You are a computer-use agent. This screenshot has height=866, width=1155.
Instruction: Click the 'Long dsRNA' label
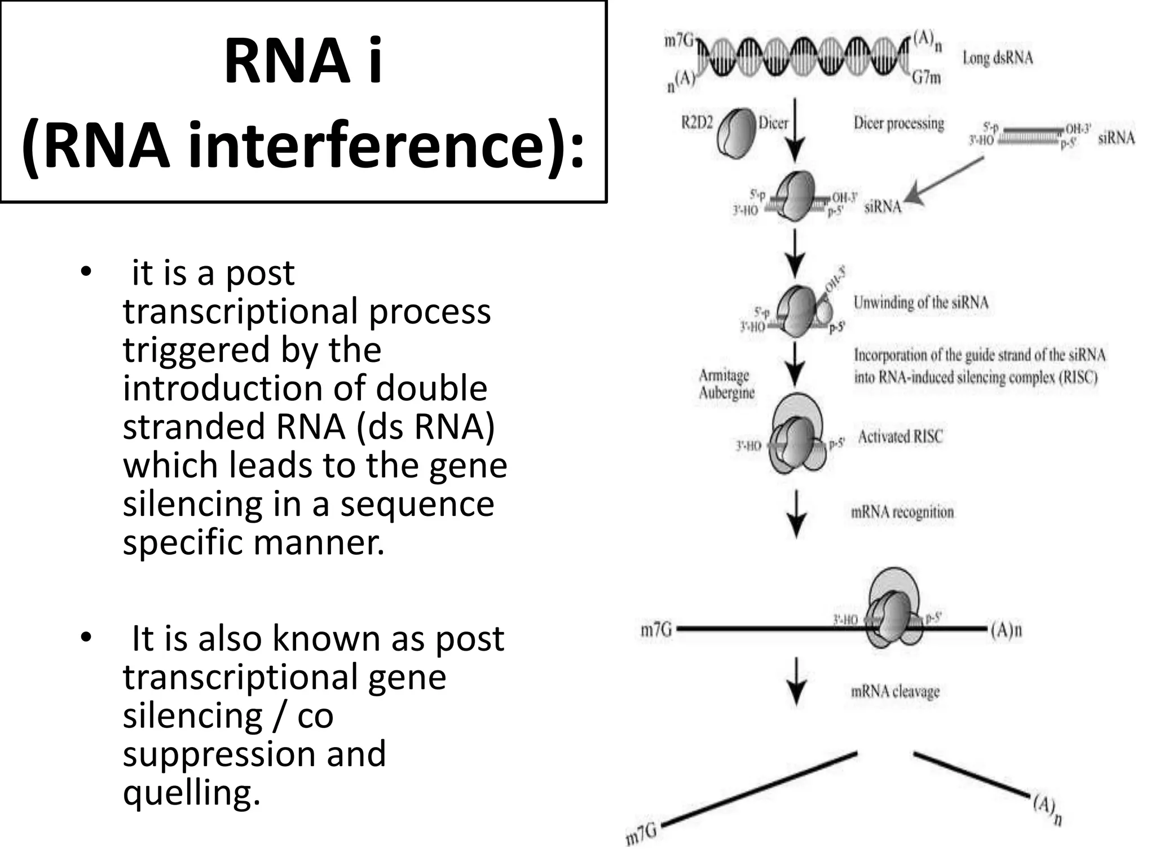click(997, 58)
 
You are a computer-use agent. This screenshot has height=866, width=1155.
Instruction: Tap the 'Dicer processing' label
click(898, 123)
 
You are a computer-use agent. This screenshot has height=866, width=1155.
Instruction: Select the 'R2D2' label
click(697, 123)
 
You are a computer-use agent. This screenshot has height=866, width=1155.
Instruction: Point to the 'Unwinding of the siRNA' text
click(920, 303)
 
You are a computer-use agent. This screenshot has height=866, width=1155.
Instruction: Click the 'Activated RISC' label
click(900, 436)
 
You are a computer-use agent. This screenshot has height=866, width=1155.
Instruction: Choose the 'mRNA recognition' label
click(902, 512)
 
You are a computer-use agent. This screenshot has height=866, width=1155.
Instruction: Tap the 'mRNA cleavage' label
click(895, 691)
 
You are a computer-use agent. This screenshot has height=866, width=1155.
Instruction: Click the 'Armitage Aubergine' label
click(726, 384)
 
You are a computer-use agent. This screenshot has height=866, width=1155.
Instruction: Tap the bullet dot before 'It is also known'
click(86, 638)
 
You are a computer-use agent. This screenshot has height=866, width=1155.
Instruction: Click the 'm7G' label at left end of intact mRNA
click(656, 629)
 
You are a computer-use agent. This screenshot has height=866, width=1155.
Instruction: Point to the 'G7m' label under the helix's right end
click(927, 77)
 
